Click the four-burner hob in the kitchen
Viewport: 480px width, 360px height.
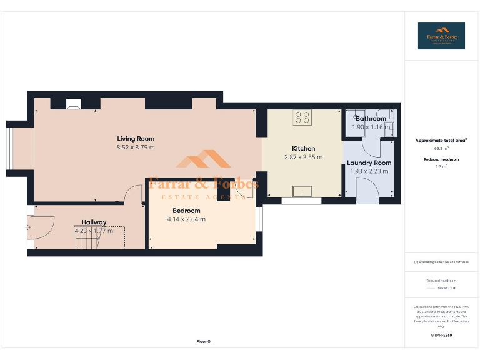[302, 117]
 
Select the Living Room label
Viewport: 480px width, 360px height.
[136, 139]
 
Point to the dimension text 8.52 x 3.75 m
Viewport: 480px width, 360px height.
[136, 147]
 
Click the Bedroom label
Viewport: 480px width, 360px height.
[186, 211]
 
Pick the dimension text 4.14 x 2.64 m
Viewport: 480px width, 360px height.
[186, 219]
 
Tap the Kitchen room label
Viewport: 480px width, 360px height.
[304, 149]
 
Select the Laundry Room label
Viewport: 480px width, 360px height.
[369, 163]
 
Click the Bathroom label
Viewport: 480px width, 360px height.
[371, 119]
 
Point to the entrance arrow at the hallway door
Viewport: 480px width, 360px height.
[27, 227]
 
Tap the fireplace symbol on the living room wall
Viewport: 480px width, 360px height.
[73, 104]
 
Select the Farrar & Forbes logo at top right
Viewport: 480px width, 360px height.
[441, 36]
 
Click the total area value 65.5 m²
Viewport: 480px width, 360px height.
[441, 149]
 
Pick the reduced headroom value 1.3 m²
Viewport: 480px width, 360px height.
[441, 167]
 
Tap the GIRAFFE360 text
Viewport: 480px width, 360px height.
[441, 336]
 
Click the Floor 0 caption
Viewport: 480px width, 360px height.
[204, 341]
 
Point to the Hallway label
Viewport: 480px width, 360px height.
[94, 222]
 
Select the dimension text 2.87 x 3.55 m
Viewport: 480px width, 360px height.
[304, 157]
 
